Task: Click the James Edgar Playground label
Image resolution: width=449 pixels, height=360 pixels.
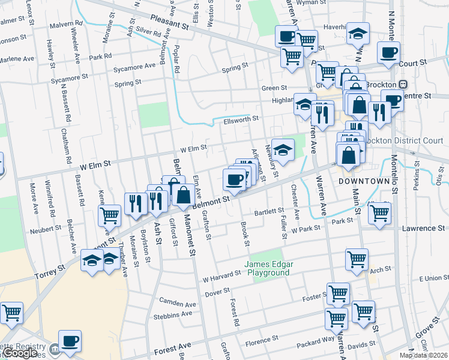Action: [x=267, y=268]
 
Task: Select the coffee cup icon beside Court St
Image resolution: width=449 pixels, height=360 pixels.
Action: [x=388, y=52]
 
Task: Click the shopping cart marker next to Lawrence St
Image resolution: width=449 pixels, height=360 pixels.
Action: [x=379, y=212]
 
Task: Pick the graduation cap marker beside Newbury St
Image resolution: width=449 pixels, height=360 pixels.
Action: [x=282, y=149]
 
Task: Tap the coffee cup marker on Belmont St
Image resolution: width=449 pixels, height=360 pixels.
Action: [x=234, y=179]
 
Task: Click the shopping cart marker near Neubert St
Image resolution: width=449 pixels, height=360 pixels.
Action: [x=109, y=215]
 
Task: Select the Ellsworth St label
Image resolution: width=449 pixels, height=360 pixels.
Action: [x=241, y=118]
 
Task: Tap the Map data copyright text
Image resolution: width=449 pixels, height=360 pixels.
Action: [x=423, y=355]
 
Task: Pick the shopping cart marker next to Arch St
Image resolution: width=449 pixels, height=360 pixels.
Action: [x=357, y=259]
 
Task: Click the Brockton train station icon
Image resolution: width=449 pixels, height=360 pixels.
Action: [x=403, y=83]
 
